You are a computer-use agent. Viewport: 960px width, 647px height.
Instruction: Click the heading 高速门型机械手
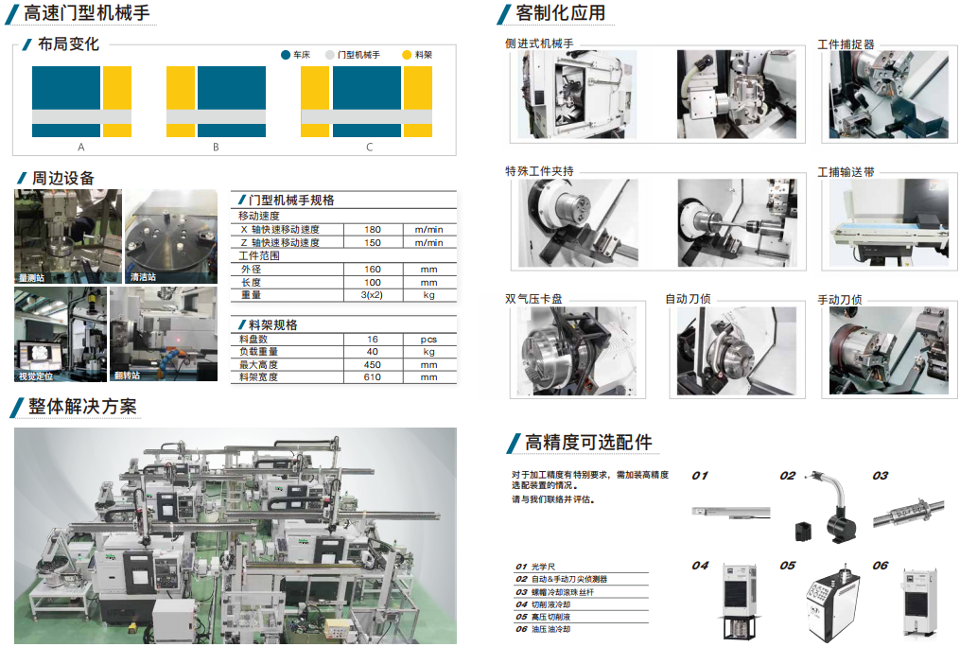tap(86, 13)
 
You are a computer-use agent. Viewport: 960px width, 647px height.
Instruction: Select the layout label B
tap(216, 147)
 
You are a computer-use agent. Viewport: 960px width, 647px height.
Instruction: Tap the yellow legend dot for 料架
tap(407, 55)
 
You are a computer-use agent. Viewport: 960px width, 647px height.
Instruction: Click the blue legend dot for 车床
tap(286, 55)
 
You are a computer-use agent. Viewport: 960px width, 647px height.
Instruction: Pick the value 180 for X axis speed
tap(373, 230)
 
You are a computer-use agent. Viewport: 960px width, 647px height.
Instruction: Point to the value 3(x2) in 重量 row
tap(372, 295)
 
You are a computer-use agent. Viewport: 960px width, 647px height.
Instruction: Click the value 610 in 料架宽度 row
tap(373, 377)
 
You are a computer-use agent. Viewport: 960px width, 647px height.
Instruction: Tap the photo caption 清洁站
tap(143, 277)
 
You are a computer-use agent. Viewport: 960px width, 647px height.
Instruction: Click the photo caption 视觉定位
tap(36, 376)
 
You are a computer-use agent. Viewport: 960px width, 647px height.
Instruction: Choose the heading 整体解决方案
tap(82, 407)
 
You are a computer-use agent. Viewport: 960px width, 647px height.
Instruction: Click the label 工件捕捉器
tap(847, 44)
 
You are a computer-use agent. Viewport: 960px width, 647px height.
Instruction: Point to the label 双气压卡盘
tap(533, 299)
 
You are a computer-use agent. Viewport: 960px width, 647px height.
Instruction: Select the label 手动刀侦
tap(840, 299)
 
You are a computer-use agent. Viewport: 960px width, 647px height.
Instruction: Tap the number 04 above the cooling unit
tap(700, 566)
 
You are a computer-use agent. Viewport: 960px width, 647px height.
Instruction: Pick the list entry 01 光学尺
tap(535, 567)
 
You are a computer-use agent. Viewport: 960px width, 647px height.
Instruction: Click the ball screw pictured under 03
tap(909, 513)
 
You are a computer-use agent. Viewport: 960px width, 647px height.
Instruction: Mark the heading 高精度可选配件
tap(588, 443)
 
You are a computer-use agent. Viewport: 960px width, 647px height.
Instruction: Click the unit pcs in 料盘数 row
tap(428, 340)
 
